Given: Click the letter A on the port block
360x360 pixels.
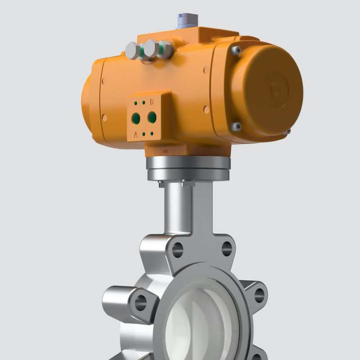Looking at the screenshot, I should pos(136,134).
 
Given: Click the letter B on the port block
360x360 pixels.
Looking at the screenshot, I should pos(152,103).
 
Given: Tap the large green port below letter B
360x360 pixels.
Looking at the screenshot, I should pos(152,117).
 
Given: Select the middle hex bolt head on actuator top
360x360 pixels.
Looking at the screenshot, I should pos(150,49).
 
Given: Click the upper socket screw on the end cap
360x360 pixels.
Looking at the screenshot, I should pos(236,51).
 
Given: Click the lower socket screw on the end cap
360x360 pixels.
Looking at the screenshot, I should pos(236,127).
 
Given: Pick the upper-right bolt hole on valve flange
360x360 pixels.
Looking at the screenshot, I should pos(227,248).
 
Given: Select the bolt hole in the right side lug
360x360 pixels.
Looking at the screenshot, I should pos(259,295).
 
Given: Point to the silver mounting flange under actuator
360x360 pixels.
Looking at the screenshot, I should pos(188,169).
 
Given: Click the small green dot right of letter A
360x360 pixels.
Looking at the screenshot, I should pos(144,134).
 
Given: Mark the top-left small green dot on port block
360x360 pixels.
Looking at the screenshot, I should pos(135,103).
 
